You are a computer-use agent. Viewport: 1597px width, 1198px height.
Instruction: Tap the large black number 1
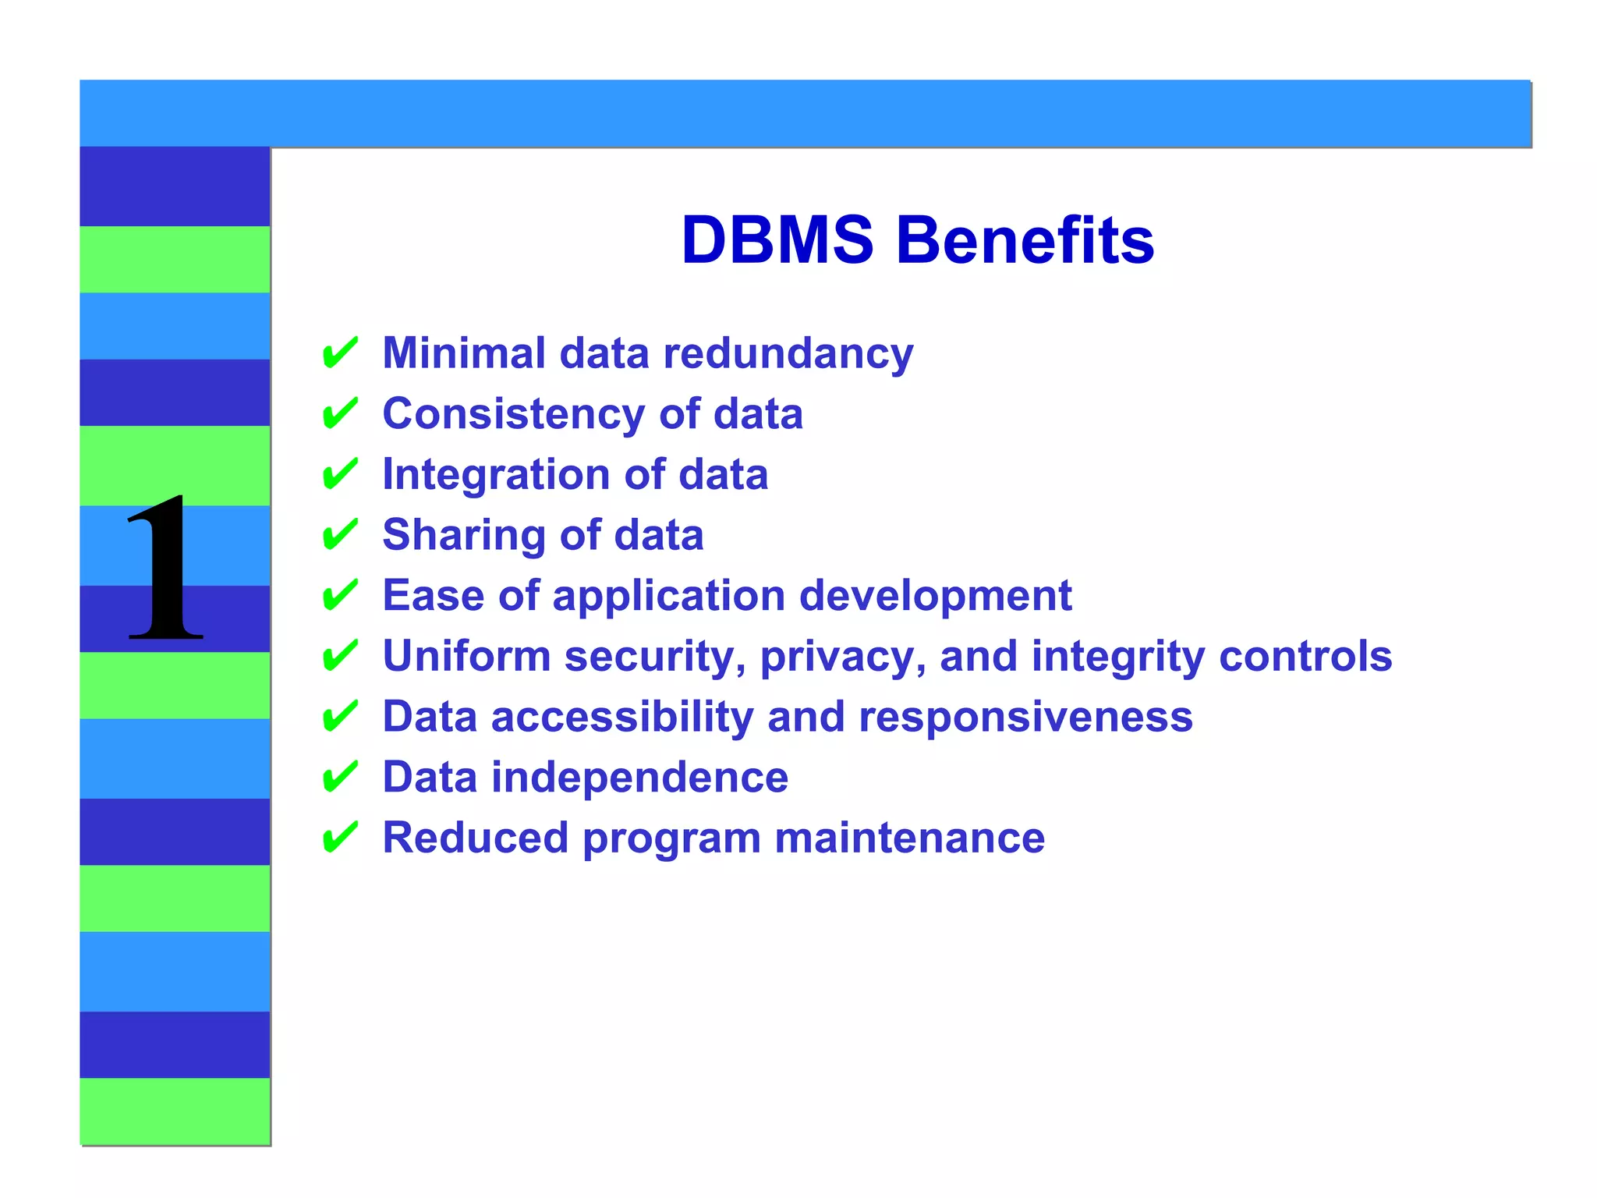pyautogui.click(x=165, y=568)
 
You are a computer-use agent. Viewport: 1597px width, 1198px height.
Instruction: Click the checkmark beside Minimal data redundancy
pyautogui.click(x=340, y=353)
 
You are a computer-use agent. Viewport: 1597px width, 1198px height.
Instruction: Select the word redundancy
pyautogui.click(x=788, y=355)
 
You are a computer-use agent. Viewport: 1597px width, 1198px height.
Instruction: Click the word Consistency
pyautogui.click(x=513, y=414)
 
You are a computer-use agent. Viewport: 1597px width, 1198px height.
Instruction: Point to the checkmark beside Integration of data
pyautogui.click(x=340, y=474)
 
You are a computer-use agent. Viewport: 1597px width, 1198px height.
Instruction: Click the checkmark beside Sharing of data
pyautogui.click(x=340, y=535)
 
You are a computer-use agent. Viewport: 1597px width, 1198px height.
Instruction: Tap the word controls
pyautogui.click(x=1305, y=656)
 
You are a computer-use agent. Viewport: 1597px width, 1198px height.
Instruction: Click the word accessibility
pyautogui.click(x=621, y=717)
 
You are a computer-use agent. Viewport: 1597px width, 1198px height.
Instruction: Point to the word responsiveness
pyautogui.click(x=1025, y=717)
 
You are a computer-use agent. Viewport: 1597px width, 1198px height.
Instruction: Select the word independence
pyautogui.click(x=639, y=778)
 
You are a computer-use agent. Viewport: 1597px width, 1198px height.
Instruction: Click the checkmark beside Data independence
pyautogui.click(x=340, y=778)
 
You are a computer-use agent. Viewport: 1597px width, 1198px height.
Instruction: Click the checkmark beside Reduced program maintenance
pyautogui.click(x=340, y=838)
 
